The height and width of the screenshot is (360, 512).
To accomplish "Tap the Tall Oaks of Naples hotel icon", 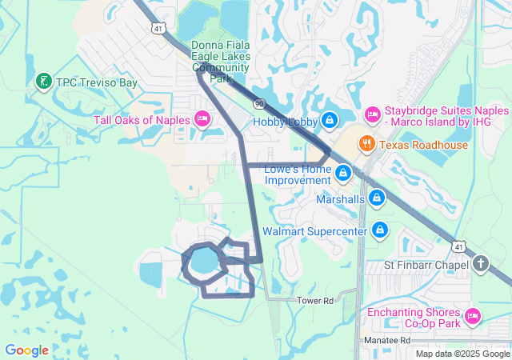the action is [202, 120].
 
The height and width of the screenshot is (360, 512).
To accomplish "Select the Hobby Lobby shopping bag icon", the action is [329, 121].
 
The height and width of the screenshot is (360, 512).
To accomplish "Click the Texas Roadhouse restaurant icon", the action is [367, 145].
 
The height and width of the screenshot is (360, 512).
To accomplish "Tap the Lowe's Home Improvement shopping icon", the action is [343, 173].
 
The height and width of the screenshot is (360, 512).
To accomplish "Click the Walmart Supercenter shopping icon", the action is [380, 230].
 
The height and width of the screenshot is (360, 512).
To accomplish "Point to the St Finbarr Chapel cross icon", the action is [480, 264].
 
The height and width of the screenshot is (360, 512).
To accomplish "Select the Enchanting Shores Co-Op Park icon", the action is [472, 318].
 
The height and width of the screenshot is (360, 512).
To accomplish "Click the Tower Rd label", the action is [314, 300].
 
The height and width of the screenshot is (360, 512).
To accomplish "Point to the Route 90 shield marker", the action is [259, 104].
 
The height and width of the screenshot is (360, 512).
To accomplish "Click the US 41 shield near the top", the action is [159, 28].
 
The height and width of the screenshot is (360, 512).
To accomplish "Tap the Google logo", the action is [26, 350].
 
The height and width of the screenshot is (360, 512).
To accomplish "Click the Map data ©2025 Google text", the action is [462, 354].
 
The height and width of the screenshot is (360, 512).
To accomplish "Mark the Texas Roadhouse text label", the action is [423, 145].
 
